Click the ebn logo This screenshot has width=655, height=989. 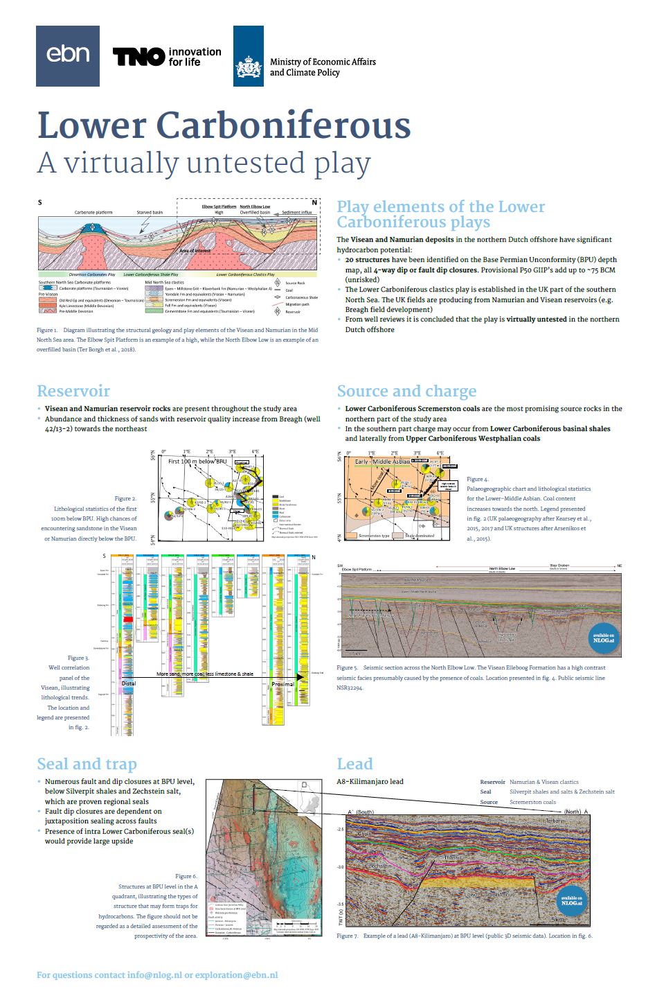68,56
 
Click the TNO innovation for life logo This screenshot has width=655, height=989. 167,57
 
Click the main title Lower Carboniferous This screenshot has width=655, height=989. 224,125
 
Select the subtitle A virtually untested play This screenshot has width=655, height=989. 204,164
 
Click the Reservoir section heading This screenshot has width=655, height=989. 73,391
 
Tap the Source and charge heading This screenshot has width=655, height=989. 406,391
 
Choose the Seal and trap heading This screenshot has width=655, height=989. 87,764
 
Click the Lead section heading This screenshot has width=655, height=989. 355,764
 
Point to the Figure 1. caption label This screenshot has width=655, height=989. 47,331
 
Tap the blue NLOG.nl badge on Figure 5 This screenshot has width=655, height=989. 603,638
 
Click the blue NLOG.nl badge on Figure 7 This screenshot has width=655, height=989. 571,900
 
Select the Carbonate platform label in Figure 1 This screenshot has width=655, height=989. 93,213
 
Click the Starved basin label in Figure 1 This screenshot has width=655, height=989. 150,213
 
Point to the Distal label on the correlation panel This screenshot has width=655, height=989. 129,683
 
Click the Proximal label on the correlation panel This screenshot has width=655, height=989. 282,684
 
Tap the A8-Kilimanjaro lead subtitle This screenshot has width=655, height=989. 370,782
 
